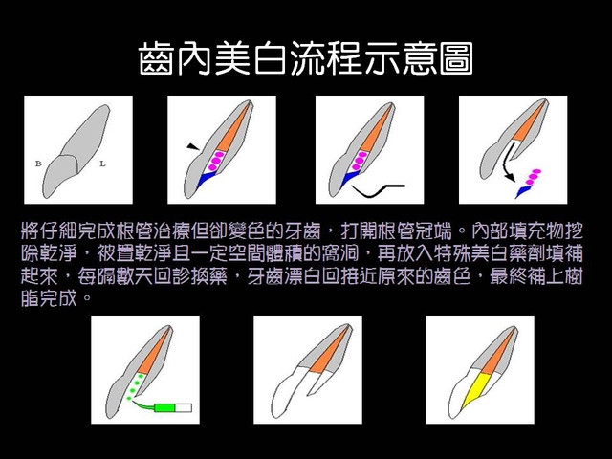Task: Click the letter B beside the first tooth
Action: click(38, 164)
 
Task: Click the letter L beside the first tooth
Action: click(102, 164)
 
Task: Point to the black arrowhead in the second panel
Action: click(193, 146)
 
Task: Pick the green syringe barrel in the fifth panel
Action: click(165, 408)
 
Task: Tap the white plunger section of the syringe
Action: click(184, 408)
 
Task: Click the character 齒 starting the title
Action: click(156, 59)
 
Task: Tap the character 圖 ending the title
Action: click(456, 59)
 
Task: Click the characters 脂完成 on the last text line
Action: click(49, 298)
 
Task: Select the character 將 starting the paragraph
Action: click(30, 231)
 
